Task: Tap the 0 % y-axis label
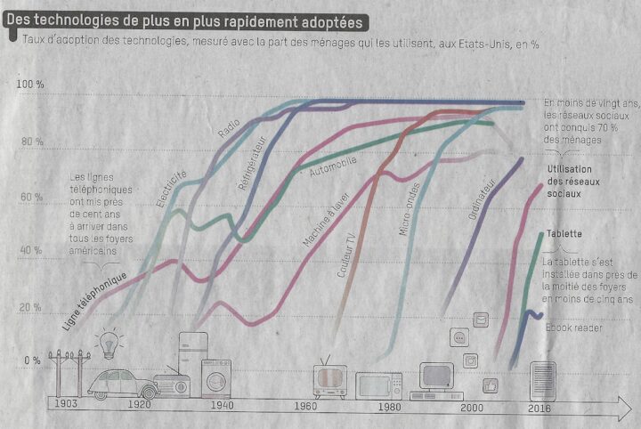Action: click(32, 360)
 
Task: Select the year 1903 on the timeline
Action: click(65, 405)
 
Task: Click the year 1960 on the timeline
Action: click(304, 406)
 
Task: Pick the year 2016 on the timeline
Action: click(540, 408)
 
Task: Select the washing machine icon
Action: click(215, 376)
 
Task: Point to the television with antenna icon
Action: click(329, 379)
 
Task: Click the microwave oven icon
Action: click(379, 385)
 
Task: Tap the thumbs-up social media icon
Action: click(489, 385)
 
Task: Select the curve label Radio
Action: click(229, 128)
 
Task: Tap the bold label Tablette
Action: click(564, 234)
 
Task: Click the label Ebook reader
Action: click(574, 328)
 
